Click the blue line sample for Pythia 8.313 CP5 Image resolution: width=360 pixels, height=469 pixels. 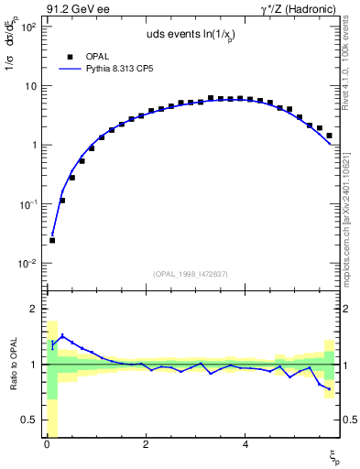click(x=71, y=69)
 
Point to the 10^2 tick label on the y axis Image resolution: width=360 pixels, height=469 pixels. click(x=27, y=27)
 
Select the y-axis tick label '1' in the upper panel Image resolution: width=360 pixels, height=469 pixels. click(x=32, y=146)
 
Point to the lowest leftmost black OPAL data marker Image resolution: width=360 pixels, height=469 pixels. click(x=52, y=240)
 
